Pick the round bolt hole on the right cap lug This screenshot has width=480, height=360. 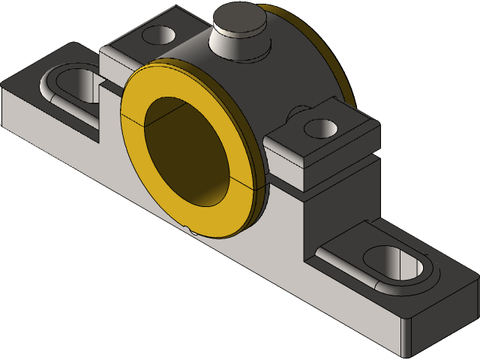[322, 127]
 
